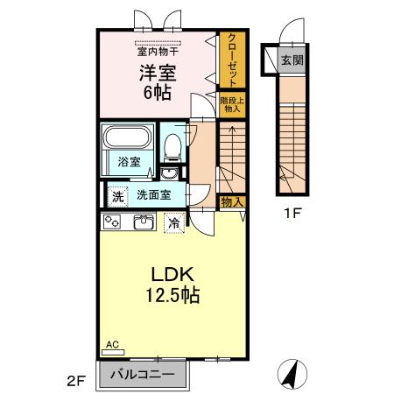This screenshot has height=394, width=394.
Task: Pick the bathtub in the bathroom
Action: point(129,140)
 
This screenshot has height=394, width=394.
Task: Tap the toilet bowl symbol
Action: point(172,144)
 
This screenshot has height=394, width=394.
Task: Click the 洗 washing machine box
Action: point(116,195)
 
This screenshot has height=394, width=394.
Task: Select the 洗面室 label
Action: point(153,194)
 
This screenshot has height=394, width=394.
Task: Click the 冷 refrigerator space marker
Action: point(175,222)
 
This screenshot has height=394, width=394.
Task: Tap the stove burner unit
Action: point(113,222)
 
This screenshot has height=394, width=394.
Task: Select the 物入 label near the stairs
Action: point(231,202)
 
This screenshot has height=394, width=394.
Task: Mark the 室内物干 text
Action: point(157,50)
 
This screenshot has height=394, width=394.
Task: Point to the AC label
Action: point(112,345)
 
